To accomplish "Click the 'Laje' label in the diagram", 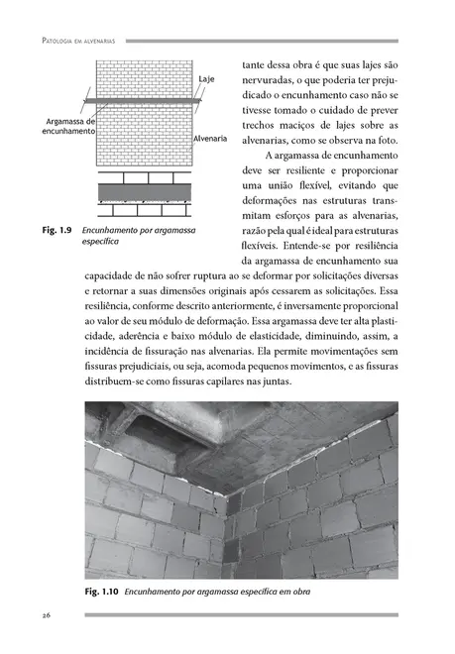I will tap(207, 77).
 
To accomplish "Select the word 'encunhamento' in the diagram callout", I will tap(67, 131).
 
